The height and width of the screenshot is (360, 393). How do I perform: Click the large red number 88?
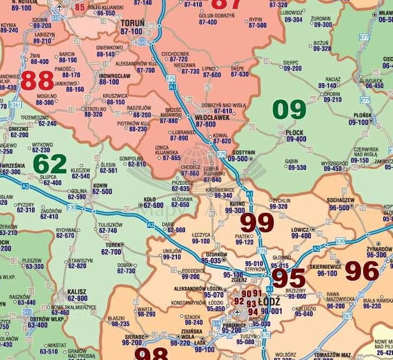pos(37,81)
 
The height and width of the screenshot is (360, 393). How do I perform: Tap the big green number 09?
pos(289,109)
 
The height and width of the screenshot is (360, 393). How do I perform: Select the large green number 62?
pos(50,164)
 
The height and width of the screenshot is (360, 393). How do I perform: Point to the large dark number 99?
pos(257,223)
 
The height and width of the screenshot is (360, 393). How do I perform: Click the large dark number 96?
pos(362,271)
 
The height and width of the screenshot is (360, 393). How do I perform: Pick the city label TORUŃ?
pos(132,23)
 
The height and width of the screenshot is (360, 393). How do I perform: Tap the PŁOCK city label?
pos(296,132)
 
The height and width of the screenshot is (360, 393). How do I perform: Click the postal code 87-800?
pos(206,124)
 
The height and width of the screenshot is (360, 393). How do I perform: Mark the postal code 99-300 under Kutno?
pos(234,210)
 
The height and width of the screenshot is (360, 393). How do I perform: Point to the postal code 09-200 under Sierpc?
pos(292,68)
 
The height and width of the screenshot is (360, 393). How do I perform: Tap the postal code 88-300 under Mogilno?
pos(45,102)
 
